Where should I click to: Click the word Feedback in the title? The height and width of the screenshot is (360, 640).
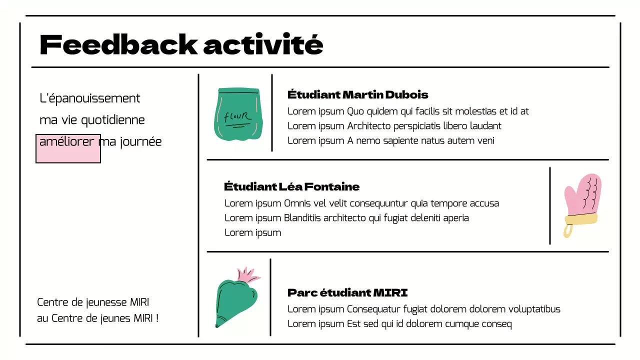[x=118, y=45]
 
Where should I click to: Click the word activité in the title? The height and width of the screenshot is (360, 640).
[x=263, y=45]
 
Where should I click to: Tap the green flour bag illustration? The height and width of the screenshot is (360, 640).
[x=239, y=114]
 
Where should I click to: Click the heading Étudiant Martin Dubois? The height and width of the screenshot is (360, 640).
[x=357, y=94]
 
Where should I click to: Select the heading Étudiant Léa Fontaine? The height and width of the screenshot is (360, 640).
[x=291, y=187]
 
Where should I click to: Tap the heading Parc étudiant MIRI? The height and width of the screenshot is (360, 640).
[x=347, y=292]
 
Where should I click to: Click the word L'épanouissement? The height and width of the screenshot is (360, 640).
[x=90, y=98]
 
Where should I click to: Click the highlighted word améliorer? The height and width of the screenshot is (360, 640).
[x=66, y=141]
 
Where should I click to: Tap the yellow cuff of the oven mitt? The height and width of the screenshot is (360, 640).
[x=580, y=218]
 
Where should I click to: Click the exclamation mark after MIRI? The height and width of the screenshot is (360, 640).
[x=157, y=318]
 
